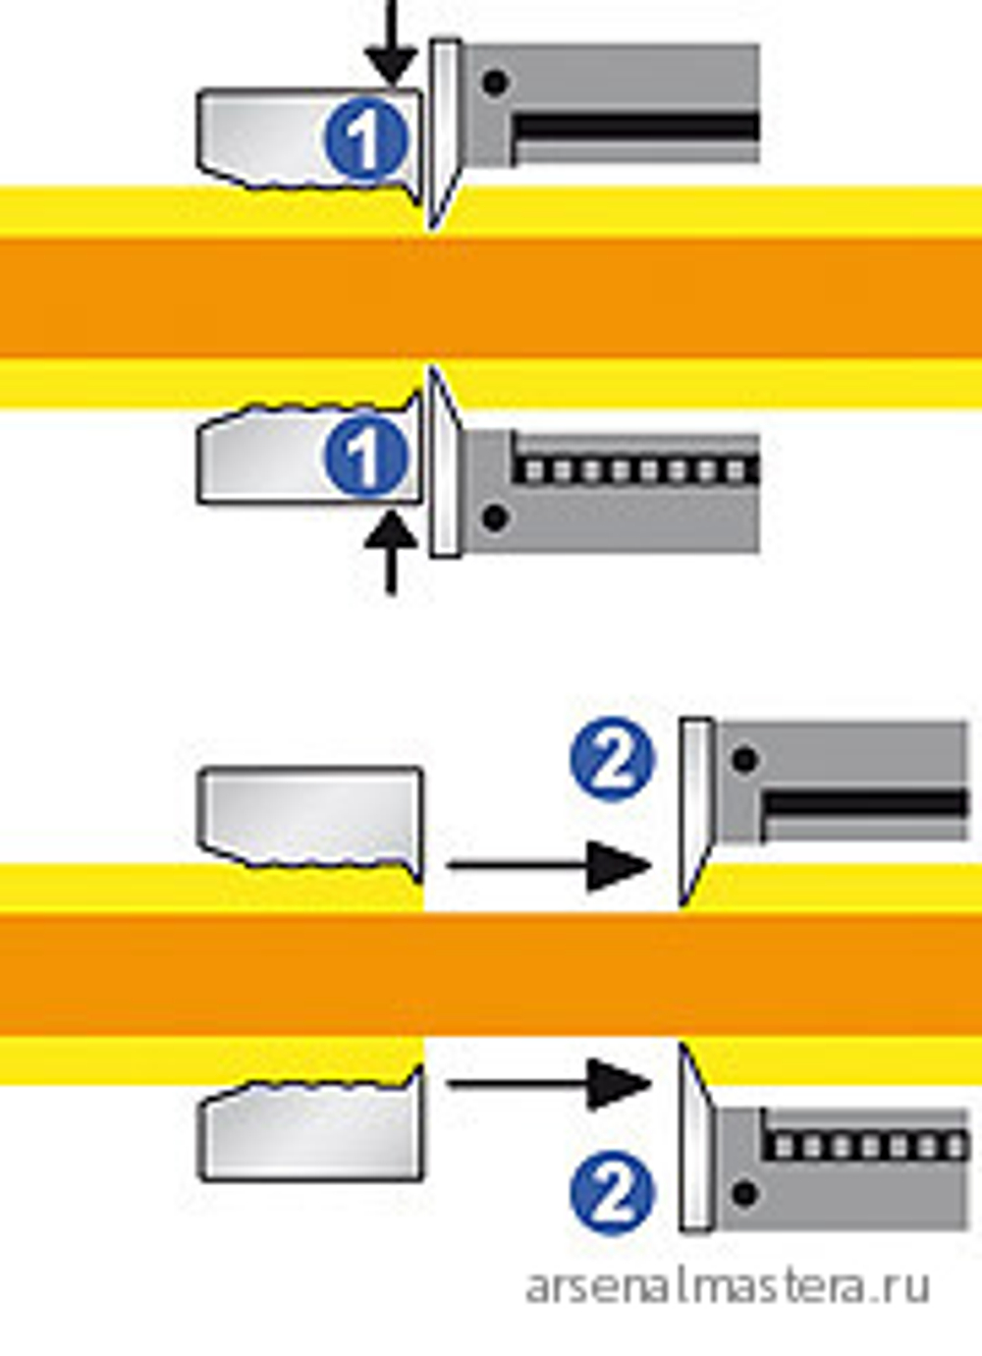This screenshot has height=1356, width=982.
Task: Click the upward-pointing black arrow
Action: tap(392, 552)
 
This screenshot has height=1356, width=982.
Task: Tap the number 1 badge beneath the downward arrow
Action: tap(365, 140)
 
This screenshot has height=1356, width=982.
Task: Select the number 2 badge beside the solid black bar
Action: tap(613, 760)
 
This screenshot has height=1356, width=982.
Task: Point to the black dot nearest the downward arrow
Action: tap(495, 82)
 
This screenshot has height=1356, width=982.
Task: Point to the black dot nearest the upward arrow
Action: tap(495, 517)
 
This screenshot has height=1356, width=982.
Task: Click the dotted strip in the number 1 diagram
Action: tap(635, 469)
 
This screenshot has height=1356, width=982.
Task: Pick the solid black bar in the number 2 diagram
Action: tap(866, 805)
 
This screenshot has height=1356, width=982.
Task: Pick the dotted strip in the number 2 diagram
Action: tap(866, 1146)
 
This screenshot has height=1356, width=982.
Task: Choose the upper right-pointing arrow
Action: tap(548, 866)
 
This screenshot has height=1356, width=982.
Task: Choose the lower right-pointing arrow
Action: tap(548, 1084)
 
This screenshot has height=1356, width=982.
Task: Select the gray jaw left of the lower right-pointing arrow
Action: tap(311, 1123)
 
